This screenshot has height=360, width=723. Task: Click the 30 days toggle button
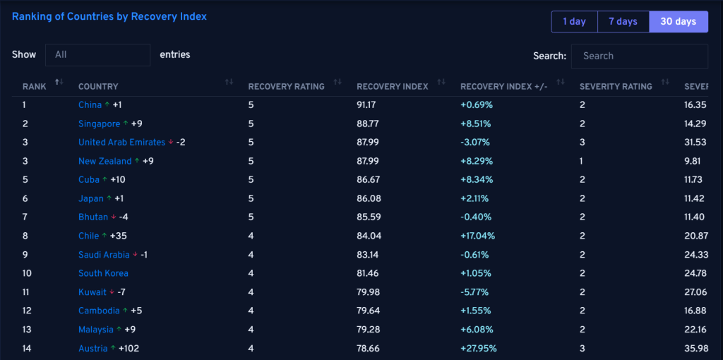[679, 22]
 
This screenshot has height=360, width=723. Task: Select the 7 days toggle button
[623, 22]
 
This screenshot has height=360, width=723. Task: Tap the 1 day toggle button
[574, 22]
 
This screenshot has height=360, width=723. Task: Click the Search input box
[640, 56]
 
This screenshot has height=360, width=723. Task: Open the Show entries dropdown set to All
[97, 55]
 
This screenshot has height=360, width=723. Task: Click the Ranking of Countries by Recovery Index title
[109, 17]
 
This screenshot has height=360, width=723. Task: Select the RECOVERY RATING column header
[287, 87]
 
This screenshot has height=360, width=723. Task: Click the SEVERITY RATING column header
[616, 87]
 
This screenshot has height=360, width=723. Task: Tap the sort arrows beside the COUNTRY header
[229, 82]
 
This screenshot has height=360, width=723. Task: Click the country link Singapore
[99, 124]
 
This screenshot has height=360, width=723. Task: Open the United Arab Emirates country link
[121, 143]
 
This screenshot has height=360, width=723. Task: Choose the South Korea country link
[103, 273]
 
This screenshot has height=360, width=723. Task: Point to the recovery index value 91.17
[366, 105]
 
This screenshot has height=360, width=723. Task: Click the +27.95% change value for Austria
[479, 349]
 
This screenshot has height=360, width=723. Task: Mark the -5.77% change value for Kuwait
[474, 292]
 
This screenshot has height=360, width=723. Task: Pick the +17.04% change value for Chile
[478, 236]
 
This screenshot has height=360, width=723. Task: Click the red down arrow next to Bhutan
[114, 217]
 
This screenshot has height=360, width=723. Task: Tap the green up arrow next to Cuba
[104, 179]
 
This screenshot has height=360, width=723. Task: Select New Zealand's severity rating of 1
[582, 162]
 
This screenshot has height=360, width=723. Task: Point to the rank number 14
[28, 349]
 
